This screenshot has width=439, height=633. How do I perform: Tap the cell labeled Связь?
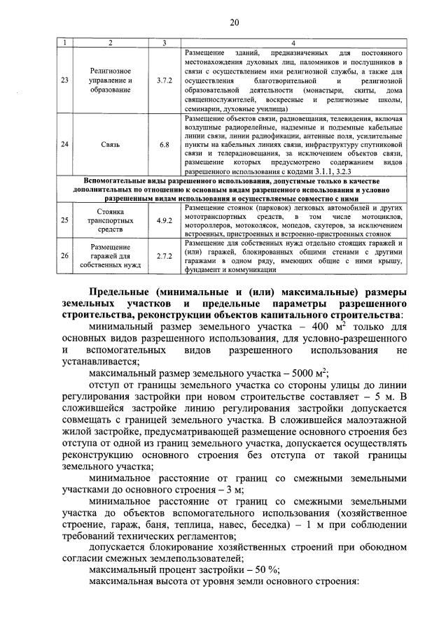coord(110,145)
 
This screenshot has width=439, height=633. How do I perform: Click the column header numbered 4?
coord(293,44)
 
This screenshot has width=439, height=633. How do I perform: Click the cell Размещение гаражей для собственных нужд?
coord(110,256)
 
